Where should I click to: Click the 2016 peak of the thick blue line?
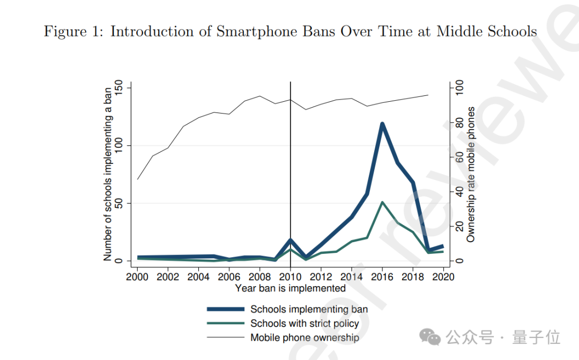382,124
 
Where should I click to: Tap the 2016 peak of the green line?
382,202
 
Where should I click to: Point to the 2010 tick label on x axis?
290,276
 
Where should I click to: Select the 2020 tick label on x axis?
443,276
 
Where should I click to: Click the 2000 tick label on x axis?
137,276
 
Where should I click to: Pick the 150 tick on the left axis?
119,88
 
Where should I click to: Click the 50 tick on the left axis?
119,203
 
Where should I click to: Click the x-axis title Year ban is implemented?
290,288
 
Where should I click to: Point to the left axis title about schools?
108,174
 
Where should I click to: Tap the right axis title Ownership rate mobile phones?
471,174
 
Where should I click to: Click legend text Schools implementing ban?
309,309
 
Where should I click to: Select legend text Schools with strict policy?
305,324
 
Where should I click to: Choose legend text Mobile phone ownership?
305,337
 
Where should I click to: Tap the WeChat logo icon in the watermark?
430,337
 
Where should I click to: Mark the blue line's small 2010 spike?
290,240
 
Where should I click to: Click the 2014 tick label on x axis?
351,276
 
